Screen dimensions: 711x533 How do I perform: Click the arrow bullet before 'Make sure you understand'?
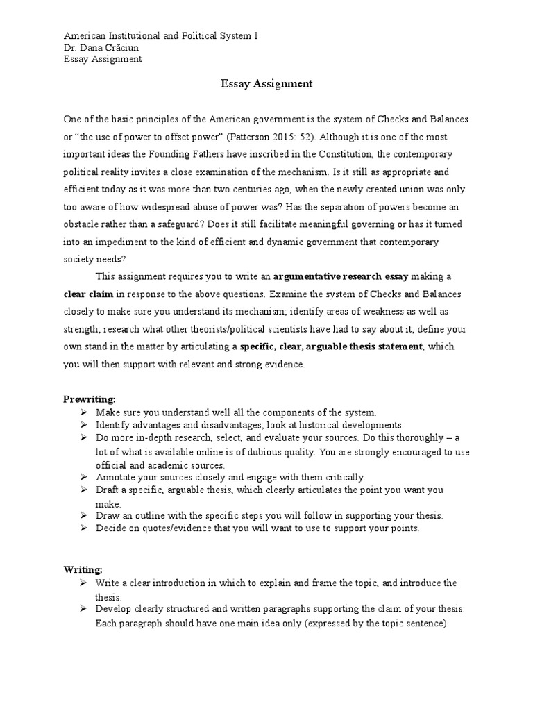tap(84, 412)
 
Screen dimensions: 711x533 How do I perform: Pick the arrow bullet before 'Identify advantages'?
tap(84, 425)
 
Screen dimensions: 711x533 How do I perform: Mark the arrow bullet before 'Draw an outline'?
tap(84, 516)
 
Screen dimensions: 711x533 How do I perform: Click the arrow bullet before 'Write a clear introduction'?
tap(84, 582)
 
